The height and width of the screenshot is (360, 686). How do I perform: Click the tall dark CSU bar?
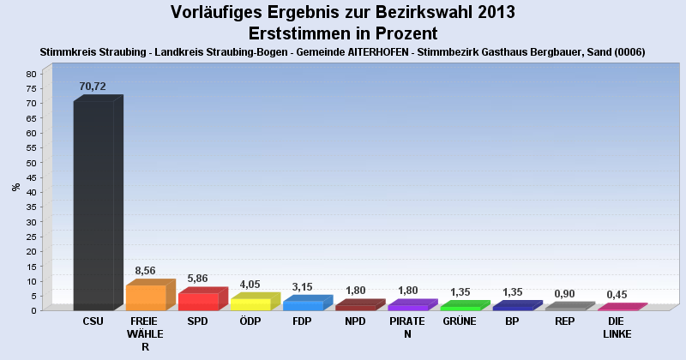click(93, 206)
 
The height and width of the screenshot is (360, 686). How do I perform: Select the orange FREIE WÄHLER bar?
click(146, 297)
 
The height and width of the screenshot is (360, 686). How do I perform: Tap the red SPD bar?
click(198, 302)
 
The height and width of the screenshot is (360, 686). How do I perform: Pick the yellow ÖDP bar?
click(250, 304)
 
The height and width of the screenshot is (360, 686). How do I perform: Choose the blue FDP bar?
click(303, 305)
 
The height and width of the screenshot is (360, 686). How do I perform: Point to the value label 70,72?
click(93, 87)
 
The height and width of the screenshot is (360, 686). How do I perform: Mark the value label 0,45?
click(617, 294)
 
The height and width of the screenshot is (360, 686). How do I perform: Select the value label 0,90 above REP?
click(564, 292)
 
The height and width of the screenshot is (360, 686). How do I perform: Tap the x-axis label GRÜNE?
click(460, 321)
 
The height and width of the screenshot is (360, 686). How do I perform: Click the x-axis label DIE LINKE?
click(617, 327)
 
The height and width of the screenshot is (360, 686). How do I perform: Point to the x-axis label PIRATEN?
click(407, 327)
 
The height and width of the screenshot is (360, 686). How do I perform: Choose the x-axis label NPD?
click(355, 321)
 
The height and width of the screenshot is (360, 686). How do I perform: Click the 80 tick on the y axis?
click(30, 74)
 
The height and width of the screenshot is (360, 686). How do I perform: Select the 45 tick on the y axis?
click(30, 177)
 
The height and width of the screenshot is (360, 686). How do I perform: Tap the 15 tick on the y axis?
click(30, 266)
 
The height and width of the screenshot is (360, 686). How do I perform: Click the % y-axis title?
click(15, 187)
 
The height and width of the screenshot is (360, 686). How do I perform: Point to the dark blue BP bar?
click(512, 307)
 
